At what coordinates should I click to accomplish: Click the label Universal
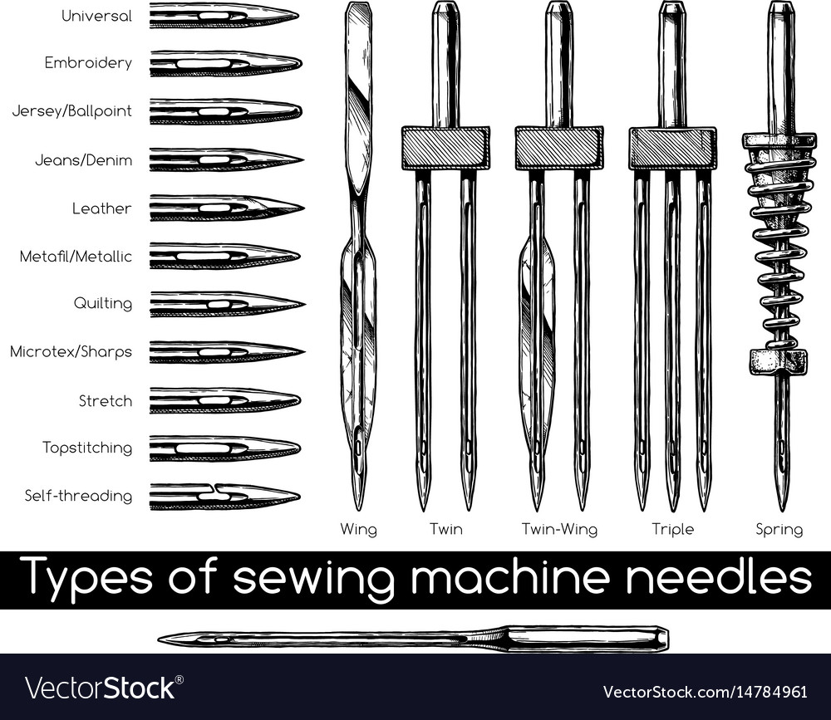[96, 16]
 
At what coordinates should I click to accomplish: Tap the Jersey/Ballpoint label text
[72, 110]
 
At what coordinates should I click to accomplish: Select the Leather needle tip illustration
[227, 208]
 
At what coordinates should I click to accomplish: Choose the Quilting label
[103, 303]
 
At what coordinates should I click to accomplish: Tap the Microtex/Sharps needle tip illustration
[227, 352]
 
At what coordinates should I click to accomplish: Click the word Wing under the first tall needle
[359, 529]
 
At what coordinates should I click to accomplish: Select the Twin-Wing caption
[559, 529]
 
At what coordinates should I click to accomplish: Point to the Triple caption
[672, 529]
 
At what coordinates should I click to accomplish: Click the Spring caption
[779, 529]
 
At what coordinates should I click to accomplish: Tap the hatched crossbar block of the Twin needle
[445, 148]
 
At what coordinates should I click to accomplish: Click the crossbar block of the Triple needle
[672, 148]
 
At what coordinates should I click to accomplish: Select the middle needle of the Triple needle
[672, 339]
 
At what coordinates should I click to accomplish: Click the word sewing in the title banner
[313, 577]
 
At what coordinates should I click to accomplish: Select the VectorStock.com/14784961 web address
[706, 692]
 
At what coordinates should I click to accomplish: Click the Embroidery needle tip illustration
[226, 64]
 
